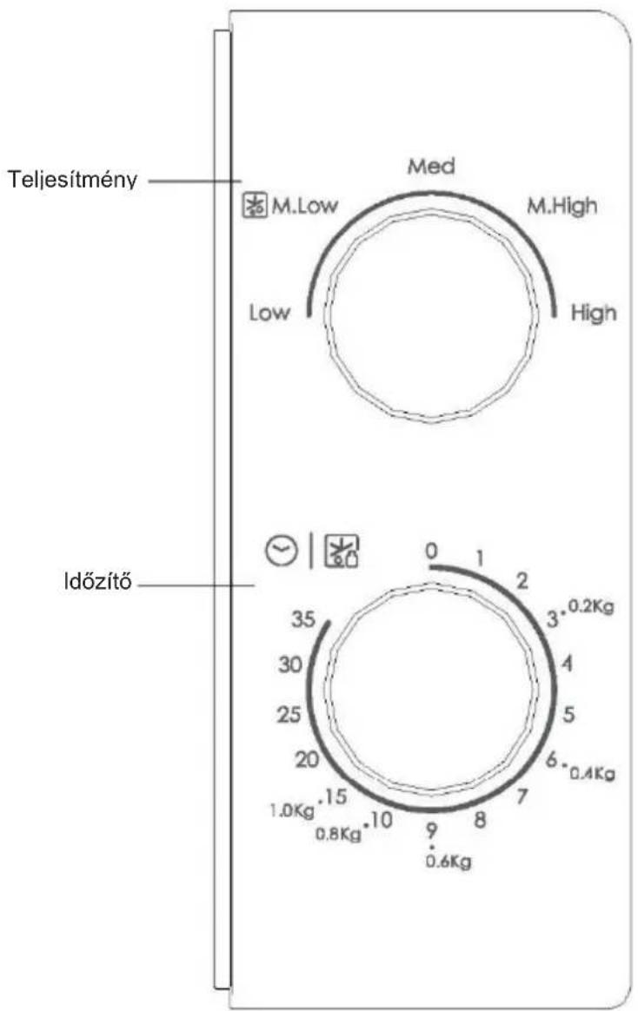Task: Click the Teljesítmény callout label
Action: (72, 180)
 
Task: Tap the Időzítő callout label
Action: (98, 582)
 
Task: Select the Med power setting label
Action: (431, 167)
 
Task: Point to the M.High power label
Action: (562, 207)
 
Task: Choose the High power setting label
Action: (594, 314)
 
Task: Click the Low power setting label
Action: (269, 313)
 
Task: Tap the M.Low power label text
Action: (304, 206)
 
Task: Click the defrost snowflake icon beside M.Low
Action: (254, 206)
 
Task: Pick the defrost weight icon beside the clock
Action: (342, 552)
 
